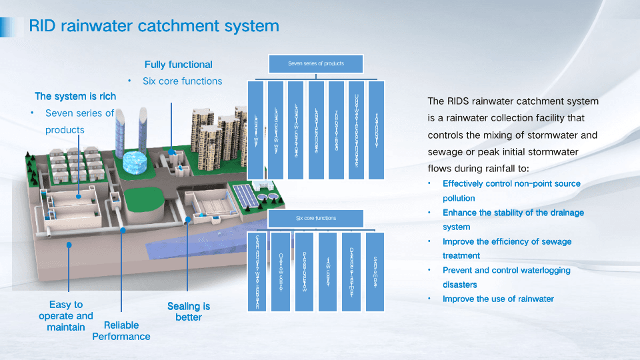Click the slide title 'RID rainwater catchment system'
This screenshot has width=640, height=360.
(x=153, y=26)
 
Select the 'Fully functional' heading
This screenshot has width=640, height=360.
(x=179, y=65)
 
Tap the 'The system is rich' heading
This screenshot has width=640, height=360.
(x=75, y=97)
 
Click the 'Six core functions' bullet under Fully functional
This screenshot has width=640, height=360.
(x=182, y=81)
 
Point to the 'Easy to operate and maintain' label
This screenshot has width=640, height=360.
(x=66, y=316)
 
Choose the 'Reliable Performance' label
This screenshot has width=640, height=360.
(x=121, y=331)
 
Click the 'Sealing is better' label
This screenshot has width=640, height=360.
(x=189, y=311)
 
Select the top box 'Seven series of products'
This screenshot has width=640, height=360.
(x=316, y=64)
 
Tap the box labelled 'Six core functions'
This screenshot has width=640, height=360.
(x=316, y=219)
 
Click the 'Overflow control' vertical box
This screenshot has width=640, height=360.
(x=281, y=272)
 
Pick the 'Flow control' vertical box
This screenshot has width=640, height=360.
(x=327, y=272)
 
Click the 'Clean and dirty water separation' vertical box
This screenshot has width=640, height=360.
(x=257, y=272)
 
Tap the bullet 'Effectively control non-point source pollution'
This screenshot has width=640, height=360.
(x=511, y=191)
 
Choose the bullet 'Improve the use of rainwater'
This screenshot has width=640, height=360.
(x=498, y=299)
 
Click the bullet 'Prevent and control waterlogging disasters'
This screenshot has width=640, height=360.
(x=506, y=277)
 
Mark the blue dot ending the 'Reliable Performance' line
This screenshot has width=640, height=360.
(x=123, y=230)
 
